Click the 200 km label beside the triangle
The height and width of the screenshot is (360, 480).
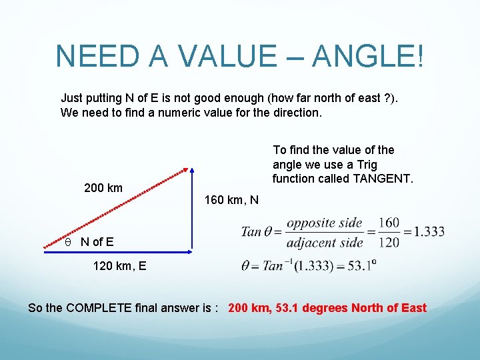pos(103,188)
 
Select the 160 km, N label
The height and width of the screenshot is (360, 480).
pos(231,200)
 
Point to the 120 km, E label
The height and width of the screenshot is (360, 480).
pos(120,267)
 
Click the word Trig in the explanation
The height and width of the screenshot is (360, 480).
pos(366,164)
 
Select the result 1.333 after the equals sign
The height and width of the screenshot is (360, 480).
pos(428,232)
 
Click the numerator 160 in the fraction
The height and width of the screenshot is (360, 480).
pos(387,223)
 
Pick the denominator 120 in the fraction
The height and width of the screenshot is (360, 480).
pos(387,242)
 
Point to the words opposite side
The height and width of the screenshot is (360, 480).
pos(324,223)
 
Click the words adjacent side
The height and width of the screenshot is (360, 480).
pos(324,242)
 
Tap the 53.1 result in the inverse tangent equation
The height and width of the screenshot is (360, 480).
pos(359,266)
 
